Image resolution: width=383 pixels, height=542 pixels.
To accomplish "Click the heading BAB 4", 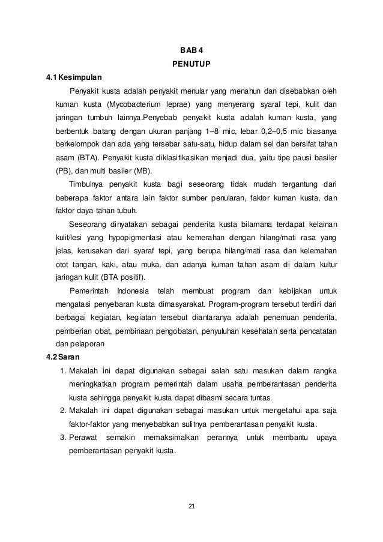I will pyautogui.click(x=191, y=50).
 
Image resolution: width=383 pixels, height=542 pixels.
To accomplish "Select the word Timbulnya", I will pyautogui.click(x=89, y=184).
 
